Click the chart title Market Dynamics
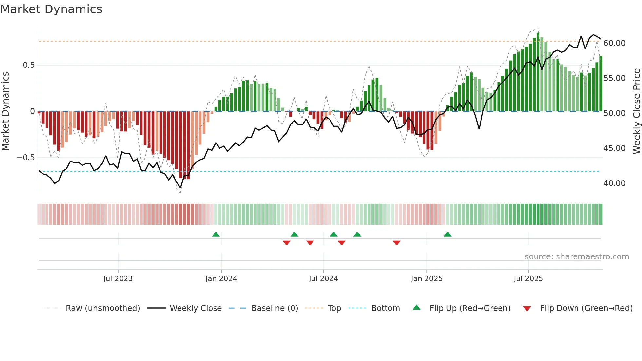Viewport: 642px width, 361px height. pos(51,9)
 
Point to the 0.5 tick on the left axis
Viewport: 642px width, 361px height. pos(28,65)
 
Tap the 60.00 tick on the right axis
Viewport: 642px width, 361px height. pos(614,43)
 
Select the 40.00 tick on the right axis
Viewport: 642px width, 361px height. pos(614,183)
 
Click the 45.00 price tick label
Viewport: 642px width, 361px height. pos(614,148)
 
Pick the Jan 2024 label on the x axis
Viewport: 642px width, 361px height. pos(221,279)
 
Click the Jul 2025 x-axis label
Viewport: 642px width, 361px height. pos(528,279)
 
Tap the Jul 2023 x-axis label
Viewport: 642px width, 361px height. pos(118,279)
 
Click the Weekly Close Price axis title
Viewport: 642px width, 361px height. pos(636,111)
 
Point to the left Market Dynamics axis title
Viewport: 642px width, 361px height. pos(5,111)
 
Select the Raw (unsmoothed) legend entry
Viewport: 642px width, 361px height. pos(103,308)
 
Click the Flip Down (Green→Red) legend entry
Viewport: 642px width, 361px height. pos(586,308)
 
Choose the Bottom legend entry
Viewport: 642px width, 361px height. pos(385,308)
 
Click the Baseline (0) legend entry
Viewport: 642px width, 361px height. pos(274,308)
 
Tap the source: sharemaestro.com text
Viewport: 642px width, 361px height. pos(576,257)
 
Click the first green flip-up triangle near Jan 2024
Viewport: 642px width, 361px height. pos(216,235)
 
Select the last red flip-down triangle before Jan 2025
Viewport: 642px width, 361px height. pos(396,243)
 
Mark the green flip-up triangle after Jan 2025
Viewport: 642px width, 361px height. pos(447,235)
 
